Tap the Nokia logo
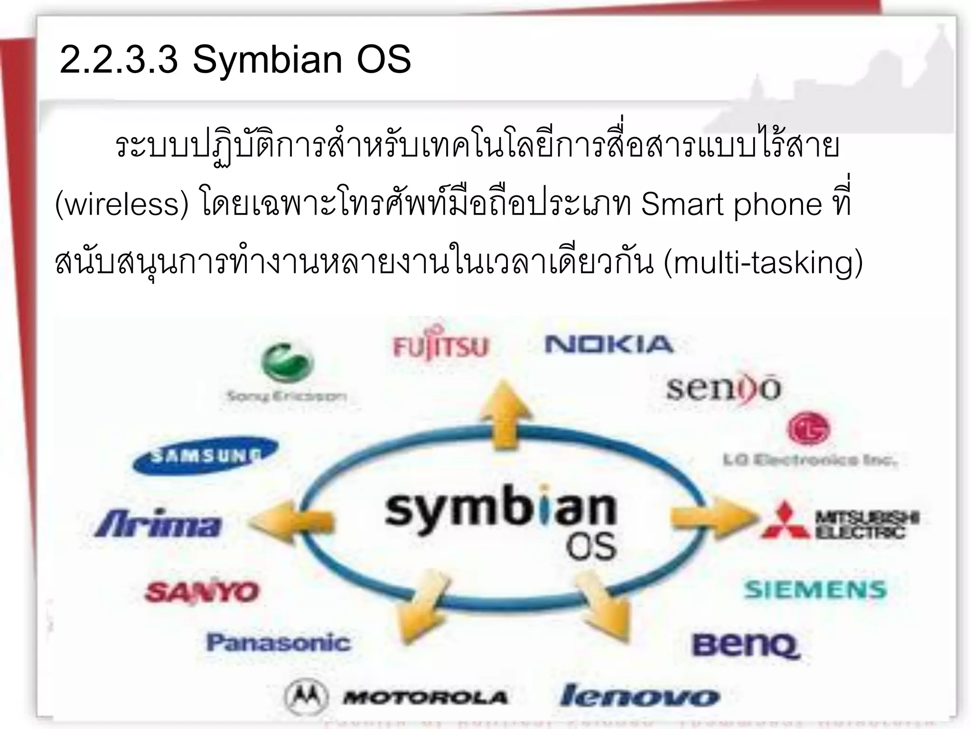pyautogui.click(x=609, y=345)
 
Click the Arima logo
pyautogui.click(x=158, y=524)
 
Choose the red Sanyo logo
pyautogui.click(x=202, y=592)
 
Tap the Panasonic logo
pyautogui.click(x=278, y=643)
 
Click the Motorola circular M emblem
pyautogui.click(x=306, y=697)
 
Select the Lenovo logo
pyautogui.click(x=639, y=696)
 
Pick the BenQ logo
pyautogui.click(x=746, y=645)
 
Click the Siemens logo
pyautogui.click(x=815, y=590)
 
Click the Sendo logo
pyautogui.click(x=723, y=389)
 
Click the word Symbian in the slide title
pyautogui.click(x=267, y=60)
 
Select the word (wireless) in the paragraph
pyautogui.click(x=122, y=204)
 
